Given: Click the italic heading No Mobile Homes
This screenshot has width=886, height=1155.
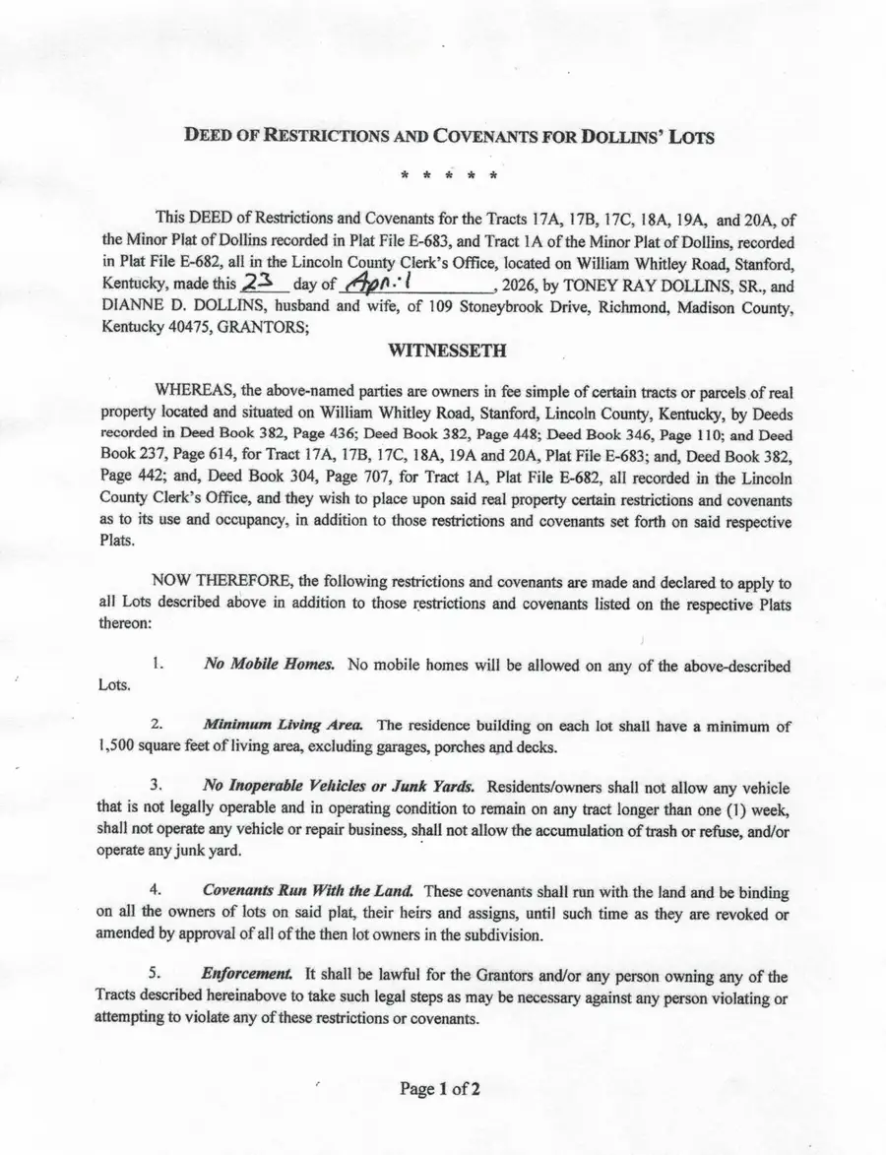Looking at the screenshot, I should pyautogui.click(x=269, y=666).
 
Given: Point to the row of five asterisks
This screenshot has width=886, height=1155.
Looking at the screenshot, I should pyautogui.click(x=448, y=177).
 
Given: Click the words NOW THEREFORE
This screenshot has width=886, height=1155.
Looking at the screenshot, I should pyautogui.click(x=212, y=582).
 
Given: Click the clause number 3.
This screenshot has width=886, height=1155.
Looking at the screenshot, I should pyautogui.click(x=155, y=787).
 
